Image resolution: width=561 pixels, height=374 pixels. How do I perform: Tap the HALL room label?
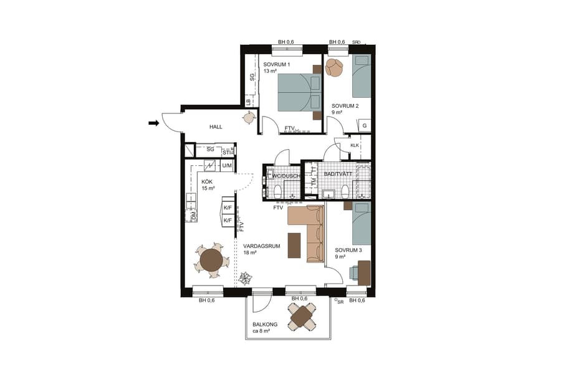point(216,127)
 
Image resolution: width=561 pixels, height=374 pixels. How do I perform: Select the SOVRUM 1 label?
point(276,64)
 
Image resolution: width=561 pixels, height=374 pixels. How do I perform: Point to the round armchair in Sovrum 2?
point(335,67)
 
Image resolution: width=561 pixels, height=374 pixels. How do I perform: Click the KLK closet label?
point(355,145)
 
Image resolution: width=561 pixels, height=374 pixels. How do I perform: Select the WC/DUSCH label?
point(285,176)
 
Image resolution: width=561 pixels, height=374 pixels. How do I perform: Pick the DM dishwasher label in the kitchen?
point(194,216)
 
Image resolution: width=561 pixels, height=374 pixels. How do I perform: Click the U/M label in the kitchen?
point(227,165)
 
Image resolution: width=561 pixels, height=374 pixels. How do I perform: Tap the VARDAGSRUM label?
point(261,246)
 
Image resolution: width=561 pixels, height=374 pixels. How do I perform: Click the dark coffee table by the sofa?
point(294,244)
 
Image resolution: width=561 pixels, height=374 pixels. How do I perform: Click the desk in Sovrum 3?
point(363,272)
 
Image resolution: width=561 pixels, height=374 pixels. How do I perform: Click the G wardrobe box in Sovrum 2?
point(365,125)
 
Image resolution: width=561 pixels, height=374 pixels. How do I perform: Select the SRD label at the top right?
point(356,42)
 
